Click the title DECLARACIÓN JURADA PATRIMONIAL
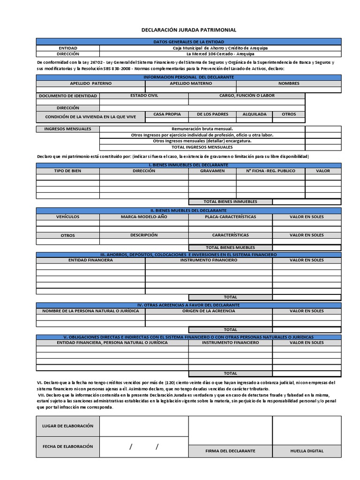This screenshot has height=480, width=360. pyautogui.click(x=189, y=30)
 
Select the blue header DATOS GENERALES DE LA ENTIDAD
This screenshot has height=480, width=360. pyautogui.click(x=189, y=42)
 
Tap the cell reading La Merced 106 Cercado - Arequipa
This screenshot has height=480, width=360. pyautogui.click(x=220, y=54)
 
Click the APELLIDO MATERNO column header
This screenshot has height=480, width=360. pyautogui.click(x=191, y=83)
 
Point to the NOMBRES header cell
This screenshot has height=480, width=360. pyautogui.click(x=289, y=83)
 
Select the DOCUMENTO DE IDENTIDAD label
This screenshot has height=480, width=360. pyautogui.click(x=68, y=96)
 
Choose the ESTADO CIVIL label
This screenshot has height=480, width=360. pyautogui.click(x=144, y=96)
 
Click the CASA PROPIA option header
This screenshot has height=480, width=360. pyautogui.click(x=167, y=114)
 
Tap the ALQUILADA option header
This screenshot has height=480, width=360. pyautogui.click(x=254, y=114)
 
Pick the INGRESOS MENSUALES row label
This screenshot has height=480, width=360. pyautogui.click(x=68, y=129)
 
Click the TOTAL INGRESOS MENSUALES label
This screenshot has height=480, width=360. pyautogui.click(x=202, y=147)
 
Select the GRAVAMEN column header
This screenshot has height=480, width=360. pyautogui.click(x=212, y=171)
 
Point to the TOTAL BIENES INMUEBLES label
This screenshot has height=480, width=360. pyautogui.click(x=230, y=202)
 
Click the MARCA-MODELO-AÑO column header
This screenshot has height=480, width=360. pyautogui.click(x=144, y=217)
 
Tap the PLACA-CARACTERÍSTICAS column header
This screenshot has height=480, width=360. pyautogui.click(x=230, y=217)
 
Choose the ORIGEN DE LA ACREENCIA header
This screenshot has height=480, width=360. pyautogui.click(x=209, y=311)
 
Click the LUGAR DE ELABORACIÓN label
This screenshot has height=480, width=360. pyautogui.click(x=68, y=426)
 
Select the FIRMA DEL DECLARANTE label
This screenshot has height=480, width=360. pyautogui.click(x=230, y=451)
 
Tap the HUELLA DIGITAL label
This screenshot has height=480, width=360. pyautogui.click(x=307, y=451)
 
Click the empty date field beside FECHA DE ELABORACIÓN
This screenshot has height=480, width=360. pyautogui.click(x=144, y=447)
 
